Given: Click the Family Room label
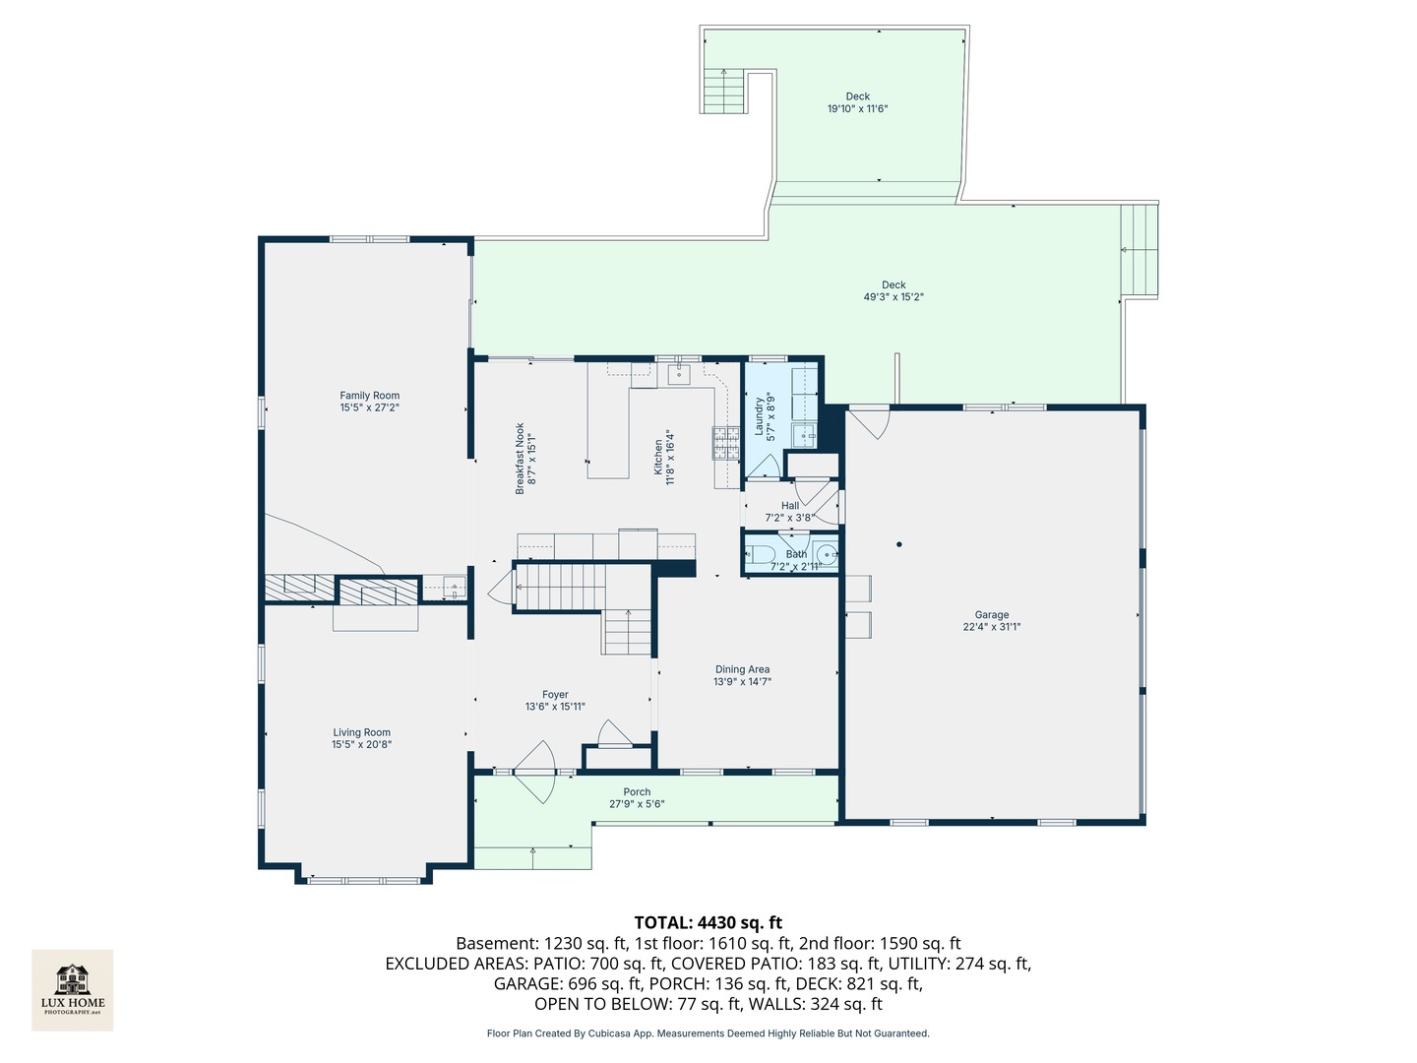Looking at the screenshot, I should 370,396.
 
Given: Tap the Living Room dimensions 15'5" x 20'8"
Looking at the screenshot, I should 361,745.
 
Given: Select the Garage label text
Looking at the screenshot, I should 992,615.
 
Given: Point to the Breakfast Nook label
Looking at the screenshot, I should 521,459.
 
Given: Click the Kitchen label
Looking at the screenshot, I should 658,458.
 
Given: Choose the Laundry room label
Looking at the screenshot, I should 759,416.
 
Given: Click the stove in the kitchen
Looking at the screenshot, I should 726,443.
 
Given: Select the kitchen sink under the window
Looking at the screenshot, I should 680,374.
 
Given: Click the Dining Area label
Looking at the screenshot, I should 742,669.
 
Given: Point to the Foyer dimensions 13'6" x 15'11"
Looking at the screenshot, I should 555,707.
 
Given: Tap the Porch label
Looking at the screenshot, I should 637,791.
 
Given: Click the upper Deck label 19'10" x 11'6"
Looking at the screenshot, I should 857,96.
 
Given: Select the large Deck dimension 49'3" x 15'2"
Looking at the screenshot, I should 893,297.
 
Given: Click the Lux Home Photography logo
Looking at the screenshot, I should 73,989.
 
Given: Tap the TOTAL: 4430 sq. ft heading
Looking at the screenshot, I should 708,922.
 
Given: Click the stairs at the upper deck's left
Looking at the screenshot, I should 724,92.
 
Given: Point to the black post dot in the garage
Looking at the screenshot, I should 898,544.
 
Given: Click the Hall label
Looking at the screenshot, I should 790,506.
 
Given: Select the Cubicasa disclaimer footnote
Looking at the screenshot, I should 708,1033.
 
